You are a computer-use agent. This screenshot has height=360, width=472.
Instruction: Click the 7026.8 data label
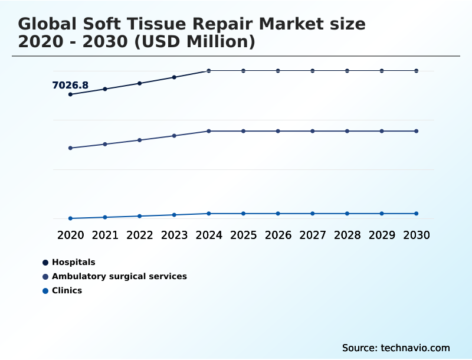70,86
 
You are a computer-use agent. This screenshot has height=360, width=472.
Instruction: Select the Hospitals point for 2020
70,94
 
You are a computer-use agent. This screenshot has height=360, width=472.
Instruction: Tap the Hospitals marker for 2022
140,83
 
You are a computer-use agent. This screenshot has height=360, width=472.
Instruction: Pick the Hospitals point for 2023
174,77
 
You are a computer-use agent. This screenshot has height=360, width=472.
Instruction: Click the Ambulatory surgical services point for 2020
70,148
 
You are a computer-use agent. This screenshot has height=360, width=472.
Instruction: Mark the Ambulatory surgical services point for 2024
209,131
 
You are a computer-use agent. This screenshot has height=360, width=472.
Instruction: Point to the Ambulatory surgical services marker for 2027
313,131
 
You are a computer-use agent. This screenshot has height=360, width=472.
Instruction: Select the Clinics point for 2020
70,218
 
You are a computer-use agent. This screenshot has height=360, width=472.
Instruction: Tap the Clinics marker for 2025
243,214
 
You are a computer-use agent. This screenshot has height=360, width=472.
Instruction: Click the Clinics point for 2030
417,214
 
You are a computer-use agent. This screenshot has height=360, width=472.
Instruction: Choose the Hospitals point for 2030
417,71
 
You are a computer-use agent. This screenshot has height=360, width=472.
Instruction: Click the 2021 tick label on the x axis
105,235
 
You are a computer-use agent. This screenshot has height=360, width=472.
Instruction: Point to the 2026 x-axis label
278,235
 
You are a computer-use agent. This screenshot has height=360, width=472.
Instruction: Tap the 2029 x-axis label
382,235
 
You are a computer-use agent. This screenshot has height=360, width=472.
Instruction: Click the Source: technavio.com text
396,348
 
